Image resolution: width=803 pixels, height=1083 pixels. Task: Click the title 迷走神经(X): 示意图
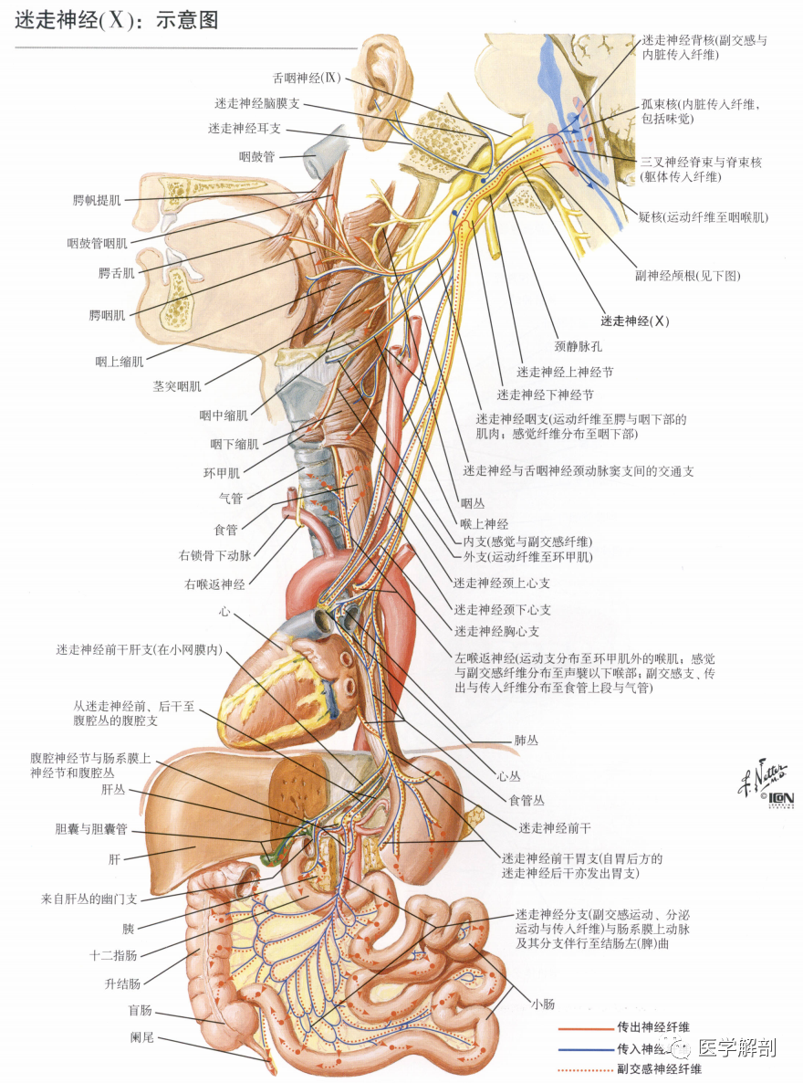[x=117, y=19]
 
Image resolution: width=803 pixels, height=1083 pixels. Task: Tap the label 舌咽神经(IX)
[x=307, y=78]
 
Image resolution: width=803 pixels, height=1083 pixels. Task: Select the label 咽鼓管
[x=256, y=157]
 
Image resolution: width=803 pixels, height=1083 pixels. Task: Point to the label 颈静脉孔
[x=578, y=346]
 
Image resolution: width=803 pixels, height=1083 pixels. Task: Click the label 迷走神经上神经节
[x=565, y=372]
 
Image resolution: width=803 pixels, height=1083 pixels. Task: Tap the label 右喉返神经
[x=214, y=584]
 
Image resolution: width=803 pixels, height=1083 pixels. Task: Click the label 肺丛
[x=526, y=741]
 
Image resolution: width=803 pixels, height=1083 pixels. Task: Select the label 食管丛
[x=527, y=801]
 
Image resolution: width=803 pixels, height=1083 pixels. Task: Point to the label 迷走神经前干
[x=555, y=827]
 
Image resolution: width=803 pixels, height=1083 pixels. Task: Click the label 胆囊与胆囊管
[x=91, y=829]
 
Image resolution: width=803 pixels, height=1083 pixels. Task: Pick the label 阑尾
[x=141, y=1036]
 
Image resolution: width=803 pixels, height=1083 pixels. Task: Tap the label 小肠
[x=543, y=1004]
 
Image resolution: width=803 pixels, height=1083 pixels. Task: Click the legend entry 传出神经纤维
[x=653, y=1027]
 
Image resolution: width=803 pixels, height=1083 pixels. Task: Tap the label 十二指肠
[x=113, y=955]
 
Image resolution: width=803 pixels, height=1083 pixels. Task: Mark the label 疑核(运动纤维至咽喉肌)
[x=703, y=217]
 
